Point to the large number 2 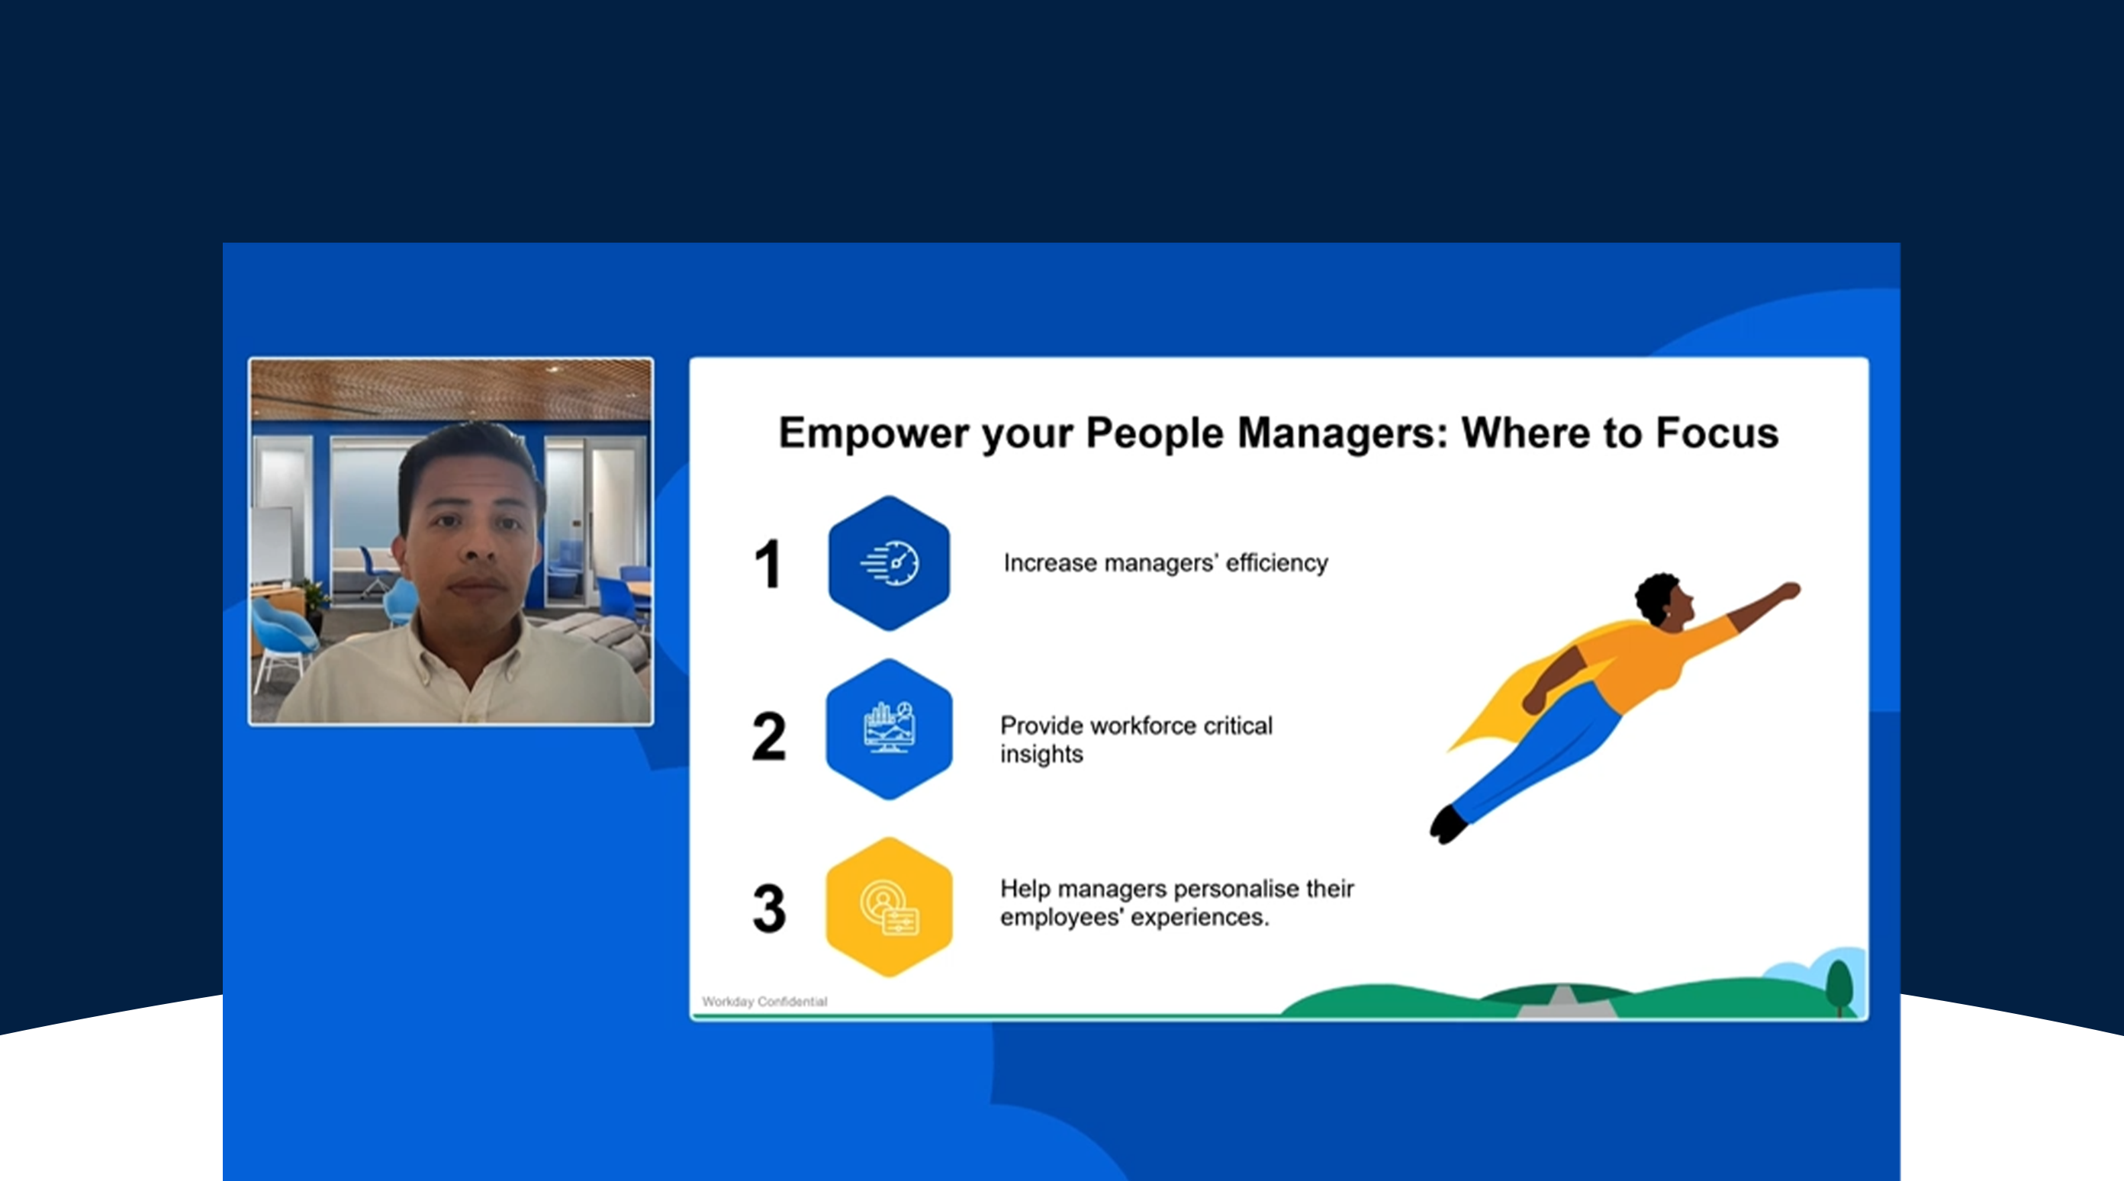point(769,735)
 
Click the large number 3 point(769,908)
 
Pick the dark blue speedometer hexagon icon point(889,563)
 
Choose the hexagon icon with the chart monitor point(889,729)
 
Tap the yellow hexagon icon point(889,907)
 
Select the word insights point(1041,755)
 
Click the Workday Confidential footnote point(764,1001)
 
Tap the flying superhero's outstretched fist point(1789,590)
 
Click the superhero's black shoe point(1448,825)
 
